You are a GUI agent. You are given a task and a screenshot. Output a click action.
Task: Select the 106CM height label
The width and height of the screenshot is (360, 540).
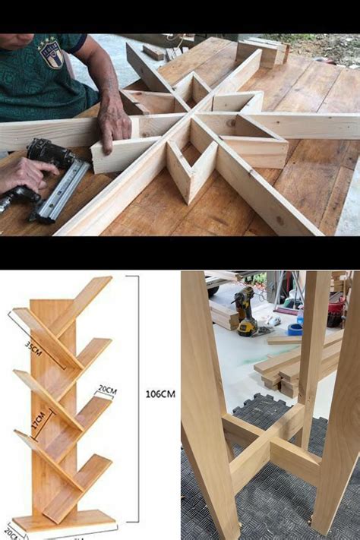[x=159, y=393]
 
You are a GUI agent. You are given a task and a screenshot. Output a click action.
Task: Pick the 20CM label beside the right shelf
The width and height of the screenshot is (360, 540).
[x=107, y=390]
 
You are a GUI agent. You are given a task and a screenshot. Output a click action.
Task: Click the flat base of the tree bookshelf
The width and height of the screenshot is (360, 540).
[x=65, y=523]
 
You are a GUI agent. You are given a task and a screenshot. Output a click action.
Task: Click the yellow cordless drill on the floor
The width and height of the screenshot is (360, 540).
[x=246, y=311]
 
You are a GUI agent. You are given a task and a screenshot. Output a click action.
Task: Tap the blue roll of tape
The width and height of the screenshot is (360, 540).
[x=295, y=329]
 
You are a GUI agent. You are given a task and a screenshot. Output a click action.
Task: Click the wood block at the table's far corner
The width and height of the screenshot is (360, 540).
[x=262, y=52]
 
